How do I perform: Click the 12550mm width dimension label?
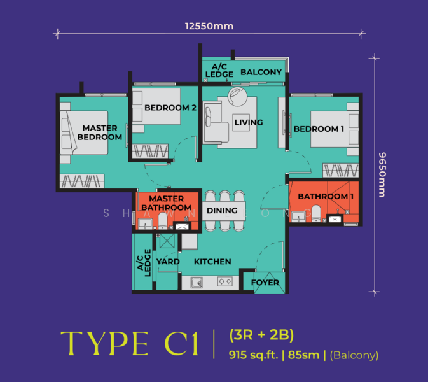[x=209, y=26]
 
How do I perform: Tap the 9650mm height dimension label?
[x=382, y=175]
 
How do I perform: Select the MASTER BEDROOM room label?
[x=100, y=132]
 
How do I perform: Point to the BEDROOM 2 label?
[x=170, y=108]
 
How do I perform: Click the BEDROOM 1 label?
[x=319, y=129]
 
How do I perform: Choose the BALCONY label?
[x=261, y=72]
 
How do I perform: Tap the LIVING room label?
[x=249, y=122]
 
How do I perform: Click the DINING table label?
[x=222, y=210]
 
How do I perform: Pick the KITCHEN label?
[x=212, y=262]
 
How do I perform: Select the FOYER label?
[x=265, y=282]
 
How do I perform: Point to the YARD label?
[x=168, y=262]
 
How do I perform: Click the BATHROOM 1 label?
[x=326, y=196]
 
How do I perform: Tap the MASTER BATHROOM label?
[x=166, y=203]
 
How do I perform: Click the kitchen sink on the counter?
[x=197, y=283]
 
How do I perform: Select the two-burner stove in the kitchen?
[x=225, y=281]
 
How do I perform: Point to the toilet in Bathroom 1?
[x=316, y=213]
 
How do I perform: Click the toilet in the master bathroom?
[x=163, y=221]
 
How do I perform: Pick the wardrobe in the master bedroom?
[x=82, y=181]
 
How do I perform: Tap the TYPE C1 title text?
[x=129, y=343]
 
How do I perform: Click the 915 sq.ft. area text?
[x=253, y=355]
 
